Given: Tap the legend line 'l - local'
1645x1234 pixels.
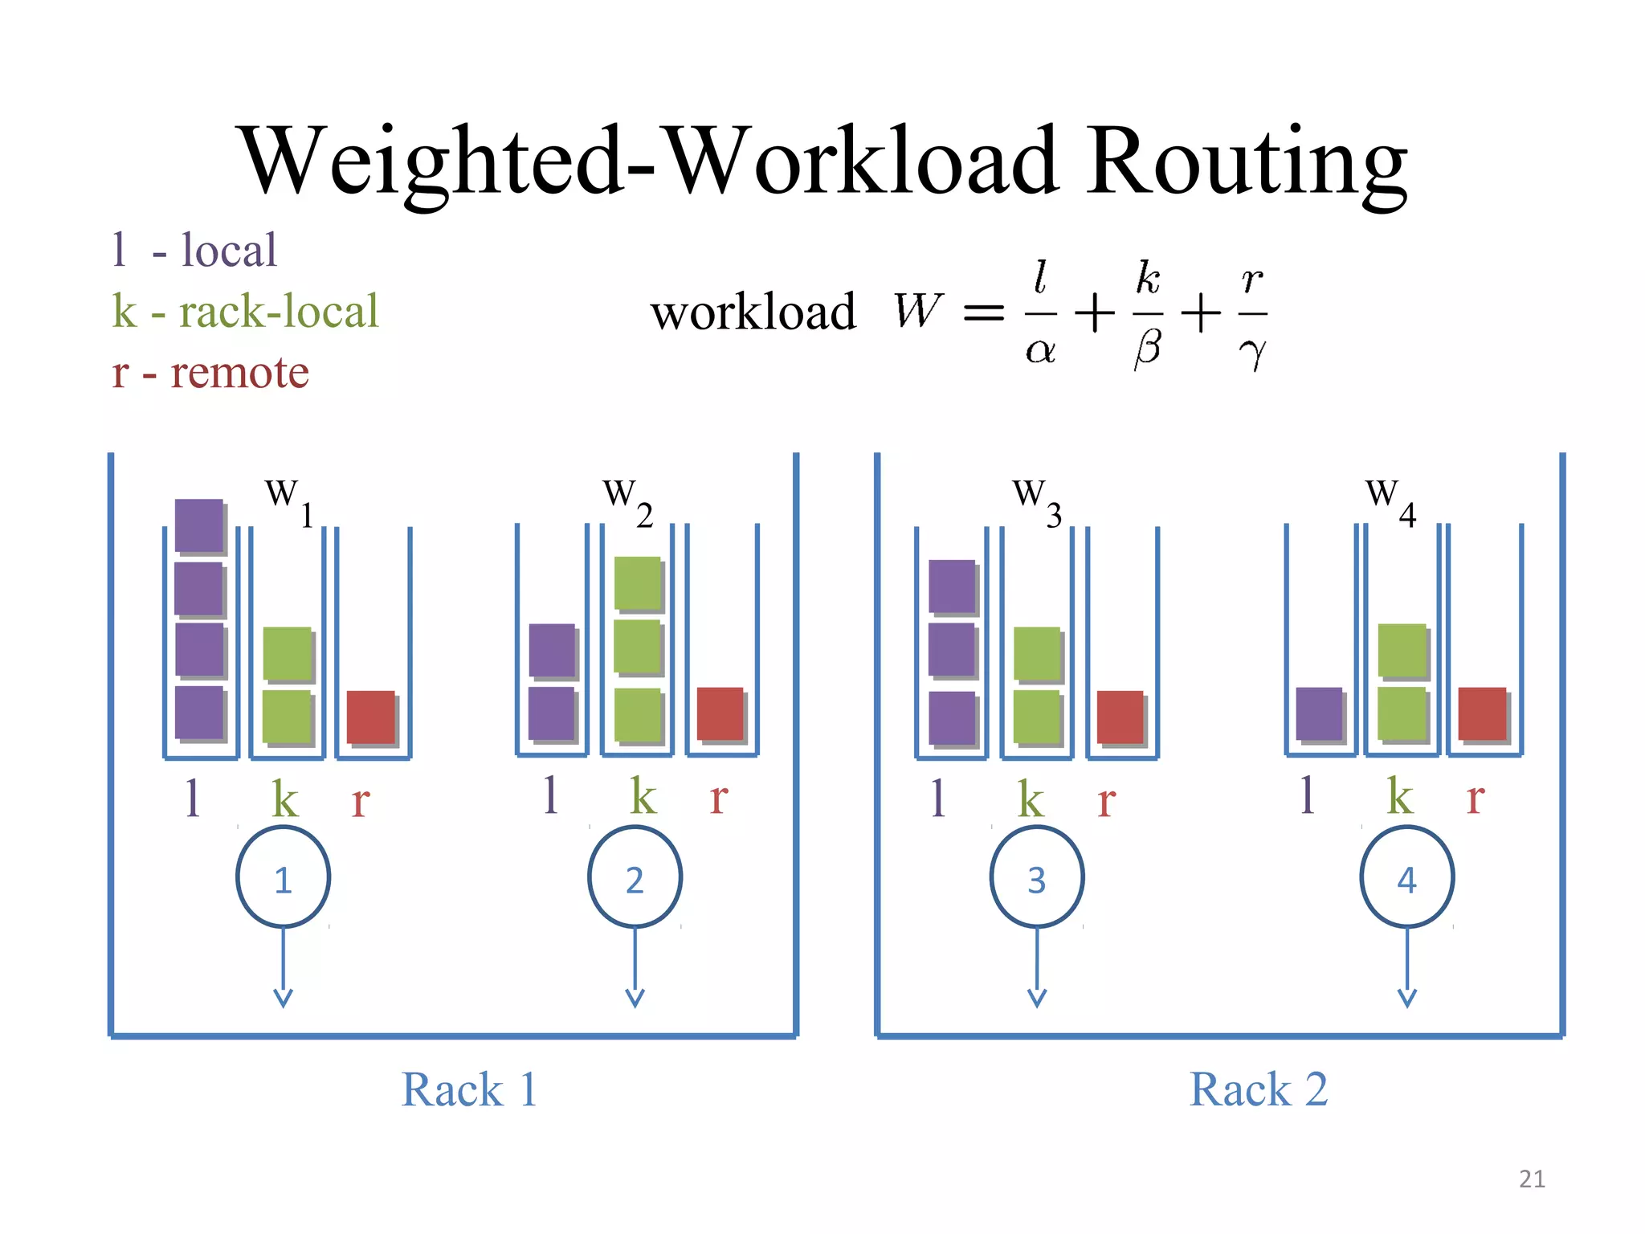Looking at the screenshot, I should click(x=194, y=250).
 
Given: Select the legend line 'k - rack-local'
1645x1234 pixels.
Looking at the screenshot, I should click(x=245, y=312).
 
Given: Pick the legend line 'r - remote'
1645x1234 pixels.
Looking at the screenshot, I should click(x=210, y=373).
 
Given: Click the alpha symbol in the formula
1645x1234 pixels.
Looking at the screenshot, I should click(x=1040, y=350).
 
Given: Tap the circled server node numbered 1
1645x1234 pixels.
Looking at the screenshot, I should click(x=283, y=877).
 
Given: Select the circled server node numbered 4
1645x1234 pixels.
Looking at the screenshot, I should click(x=1406, y=877).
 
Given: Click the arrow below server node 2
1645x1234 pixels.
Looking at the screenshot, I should click(x=635, y=968).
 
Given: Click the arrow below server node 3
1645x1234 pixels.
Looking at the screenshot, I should click(x=1037, y=968).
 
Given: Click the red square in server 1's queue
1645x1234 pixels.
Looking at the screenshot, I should click(x=371, y=717).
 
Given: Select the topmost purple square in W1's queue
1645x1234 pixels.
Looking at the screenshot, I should click(x=198, y=525).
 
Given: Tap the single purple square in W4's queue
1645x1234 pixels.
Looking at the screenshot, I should click(x=1319, y=713).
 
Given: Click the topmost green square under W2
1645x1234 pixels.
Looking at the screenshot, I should click(x=638, y=582).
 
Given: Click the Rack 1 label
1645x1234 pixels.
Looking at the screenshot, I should click(x=469, y=1090).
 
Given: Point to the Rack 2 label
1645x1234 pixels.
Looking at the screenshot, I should click(x=1258, y=1090).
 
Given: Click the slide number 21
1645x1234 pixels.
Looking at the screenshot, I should click(x=1532, y=1179).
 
